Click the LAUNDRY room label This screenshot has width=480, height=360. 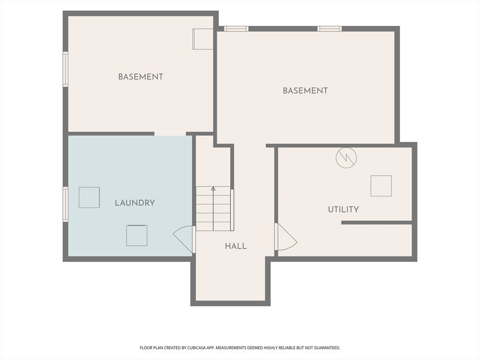click(135, 202)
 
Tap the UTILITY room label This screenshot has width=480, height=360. click(343, 210)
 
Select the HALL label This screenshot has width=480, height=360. click(236, 246)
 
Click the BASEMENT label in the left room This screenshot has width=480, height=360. click(141, 76)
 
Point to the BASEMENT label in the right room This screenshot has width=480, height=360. click(305, 90)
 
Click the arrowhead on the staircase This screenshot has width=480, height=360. click(213, 188)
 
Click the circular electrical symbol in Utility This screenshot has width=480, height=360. click(346, 157)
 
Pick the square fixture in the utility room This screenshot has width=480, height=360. click(381, 186)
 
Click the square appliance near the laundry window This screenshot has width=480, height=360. click(89, 197)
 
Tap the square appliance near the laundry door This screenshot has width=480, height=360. click(137, 235)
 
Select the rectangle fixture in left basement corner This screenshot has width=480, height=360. click(202, 39)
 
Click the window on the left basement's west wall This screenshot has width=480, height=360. click(66, 69)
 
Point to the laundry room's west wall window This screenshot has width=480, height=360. click(66, 204)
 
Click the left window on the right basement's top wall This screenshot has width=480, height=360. click(236, 29)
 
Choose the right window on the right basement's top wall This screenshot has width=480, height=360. click(330, 29)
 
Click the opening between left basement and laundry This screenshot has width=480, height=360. click(170, 134)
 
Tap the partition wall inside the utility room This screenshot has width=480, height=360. click(377, 223)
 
